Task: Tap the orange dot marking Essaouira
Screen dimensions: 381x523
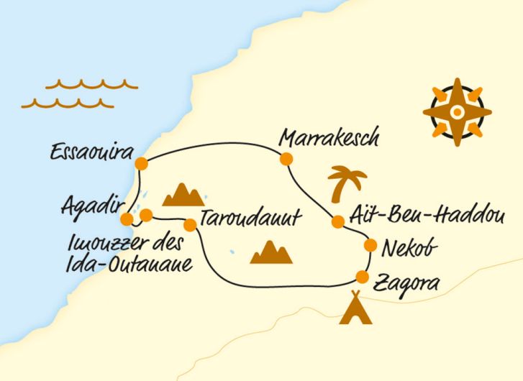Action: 142,162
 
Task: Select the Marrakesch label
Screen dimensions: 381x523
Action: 329,137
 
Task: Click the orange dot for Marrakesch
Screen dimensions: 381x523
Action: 286,159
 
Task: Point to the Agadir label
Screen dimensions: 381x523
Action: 92,208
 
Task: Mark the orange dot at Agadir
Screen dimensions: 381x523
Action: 127,219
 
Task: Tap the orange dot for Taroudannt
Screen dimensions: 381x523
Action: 191,224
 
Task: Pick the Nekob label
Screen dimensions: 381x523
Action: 409,248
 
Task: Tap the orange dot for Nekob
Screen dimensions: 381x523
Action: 370,246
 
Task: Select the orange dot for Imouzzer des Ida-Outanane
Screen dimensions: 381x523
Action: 145,214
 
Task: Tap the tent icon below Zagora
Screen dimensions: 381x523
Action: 355,308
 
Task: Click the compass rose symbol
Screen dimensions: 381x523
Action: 457,112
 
